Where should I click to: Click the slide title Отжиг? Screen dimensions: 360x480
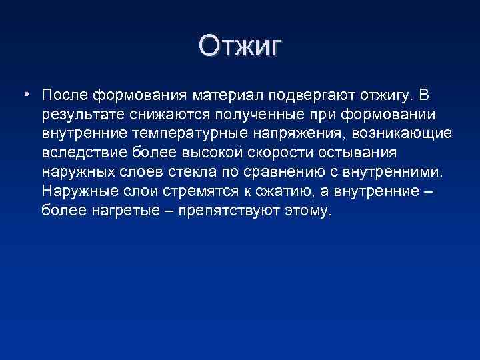click(240, 47)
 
